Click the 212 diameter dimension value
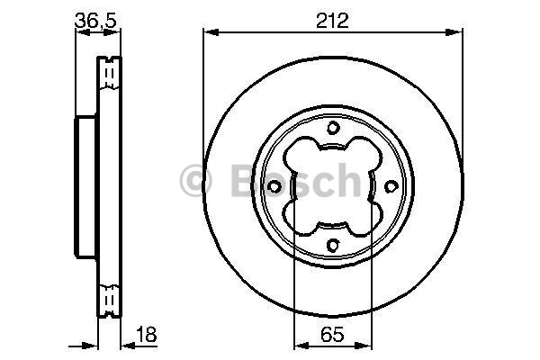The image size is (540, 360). [332, 21]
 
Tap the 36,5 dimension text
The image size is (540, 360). [96, 21]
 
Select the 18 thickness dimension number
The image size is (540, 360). [147, 334]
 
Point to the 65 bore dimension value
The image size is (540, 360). [332, 334]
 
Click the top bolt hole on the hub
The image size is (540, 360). [333, 128]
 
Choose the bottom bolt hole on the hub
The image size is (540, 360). [333, 245]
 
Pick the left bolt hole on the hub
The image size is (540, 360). [274, 186]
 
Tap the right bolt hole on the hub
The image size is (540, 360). [391, 186]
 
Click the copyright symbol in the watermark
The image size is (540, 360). [195, 181]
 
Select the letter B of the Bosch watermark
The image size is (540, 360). [245, 180]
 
